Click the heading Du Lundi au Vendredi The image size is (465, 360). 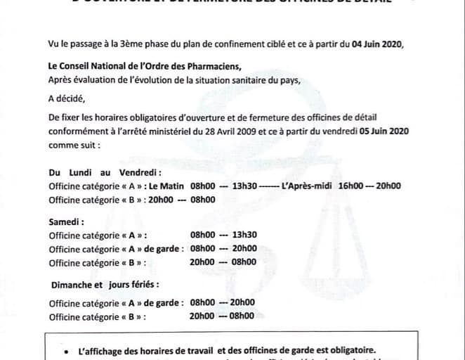click(x=105, y=173)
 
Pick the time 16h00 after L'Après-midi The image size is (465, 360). click(x=351, y=186)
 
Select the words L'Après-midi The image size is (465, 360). click(x=306, y=186)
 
